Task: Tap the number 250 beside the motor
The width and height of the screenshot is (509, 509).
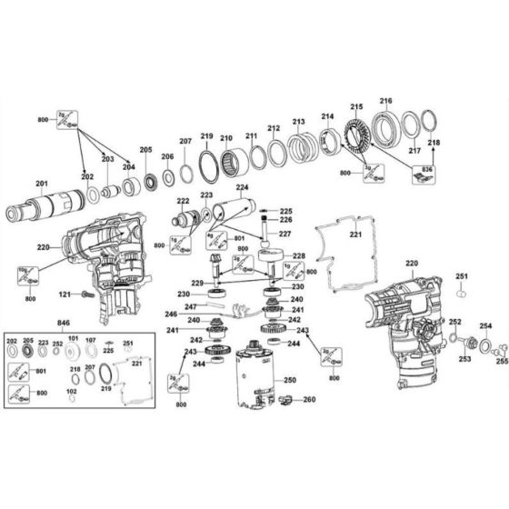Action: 290,379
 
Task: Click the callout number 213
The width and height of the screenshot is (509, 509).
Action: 298,122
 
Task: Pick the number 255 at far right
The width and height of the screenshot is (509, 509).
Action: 502,360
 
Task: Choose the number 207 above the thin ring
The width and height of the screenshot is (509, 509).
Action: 185,142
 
